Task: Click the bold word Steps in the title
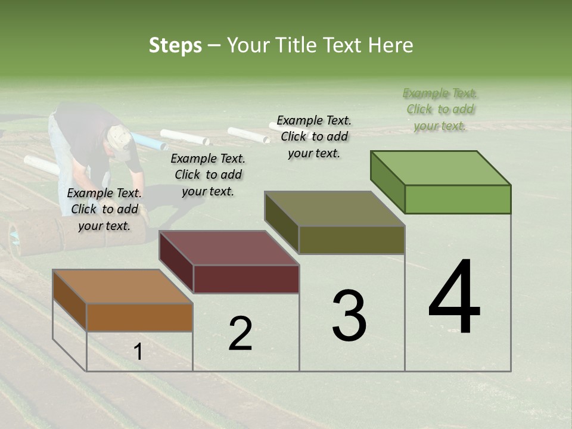[175, 45]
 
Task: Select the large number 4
[454, 297]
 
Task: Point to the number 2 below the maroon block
[240, 333]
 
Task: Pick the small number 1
[138, 352]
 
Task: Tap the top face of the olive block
[334, 209]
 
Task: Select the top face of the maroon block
[229, 247]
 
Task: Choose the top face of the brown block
[123, 287]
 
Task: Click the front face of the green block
[458, 199]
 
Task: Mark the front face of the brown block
[139, 317]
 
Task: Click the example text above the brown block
[104, 209]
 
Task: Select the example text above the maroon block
[208, 175]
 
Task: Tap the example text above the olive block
[314, 136]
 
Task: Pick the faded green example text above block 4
[440, 109]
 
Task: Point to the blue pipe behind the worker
[148, 142]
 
